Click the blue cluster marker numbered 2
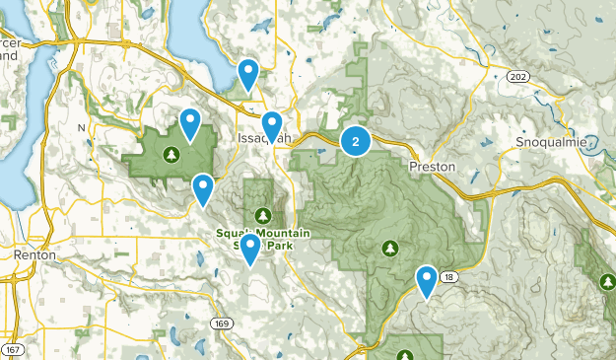[355, 141]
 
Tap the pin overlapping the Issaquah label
[272, 124]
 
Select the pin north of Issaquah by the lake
[249, 72]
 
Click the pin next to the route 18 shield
[427, 278]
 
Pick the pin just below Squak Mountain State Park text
[251, 247]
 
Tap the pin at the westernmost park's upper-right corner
[190, 121]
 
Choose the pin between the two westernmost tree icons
[203, 186]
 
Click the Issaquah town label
[264, 139]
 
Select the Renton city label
[34, 254]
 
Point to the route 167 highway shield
[13, 350]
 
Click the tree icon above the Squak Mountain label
[262, 214]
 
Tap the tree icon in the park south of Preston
[390, 247]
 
